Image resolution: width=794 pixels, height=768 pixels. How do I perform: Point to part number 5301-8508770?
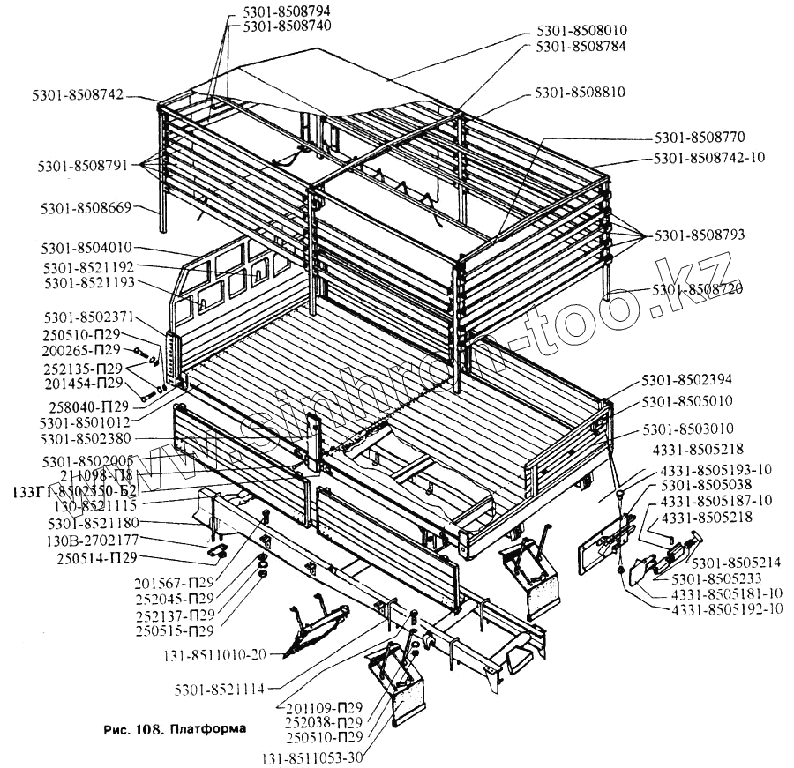[700, 138]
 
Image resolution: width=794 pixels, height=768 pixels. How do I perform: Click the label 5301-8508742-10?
[709, 159]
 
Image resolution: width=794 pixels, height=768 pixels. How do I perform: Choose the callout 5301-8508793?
[700, 235]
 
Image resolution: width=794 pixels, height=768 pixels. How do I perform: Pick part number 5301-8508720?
[698, 288]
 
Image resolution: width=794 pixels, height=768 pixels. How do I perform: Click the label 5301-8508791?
[84, 165]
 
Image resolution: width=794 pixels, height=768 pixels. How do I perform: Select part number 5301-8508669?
[86, 208]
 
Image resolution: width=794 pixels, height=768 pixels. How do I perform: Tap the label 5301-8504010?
[86, 248]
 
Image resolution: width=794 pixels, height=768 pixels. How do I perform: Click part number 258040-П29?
[86, 406]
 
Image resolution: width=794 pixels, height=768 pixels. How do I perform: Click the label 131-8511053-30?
[312, 756]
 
